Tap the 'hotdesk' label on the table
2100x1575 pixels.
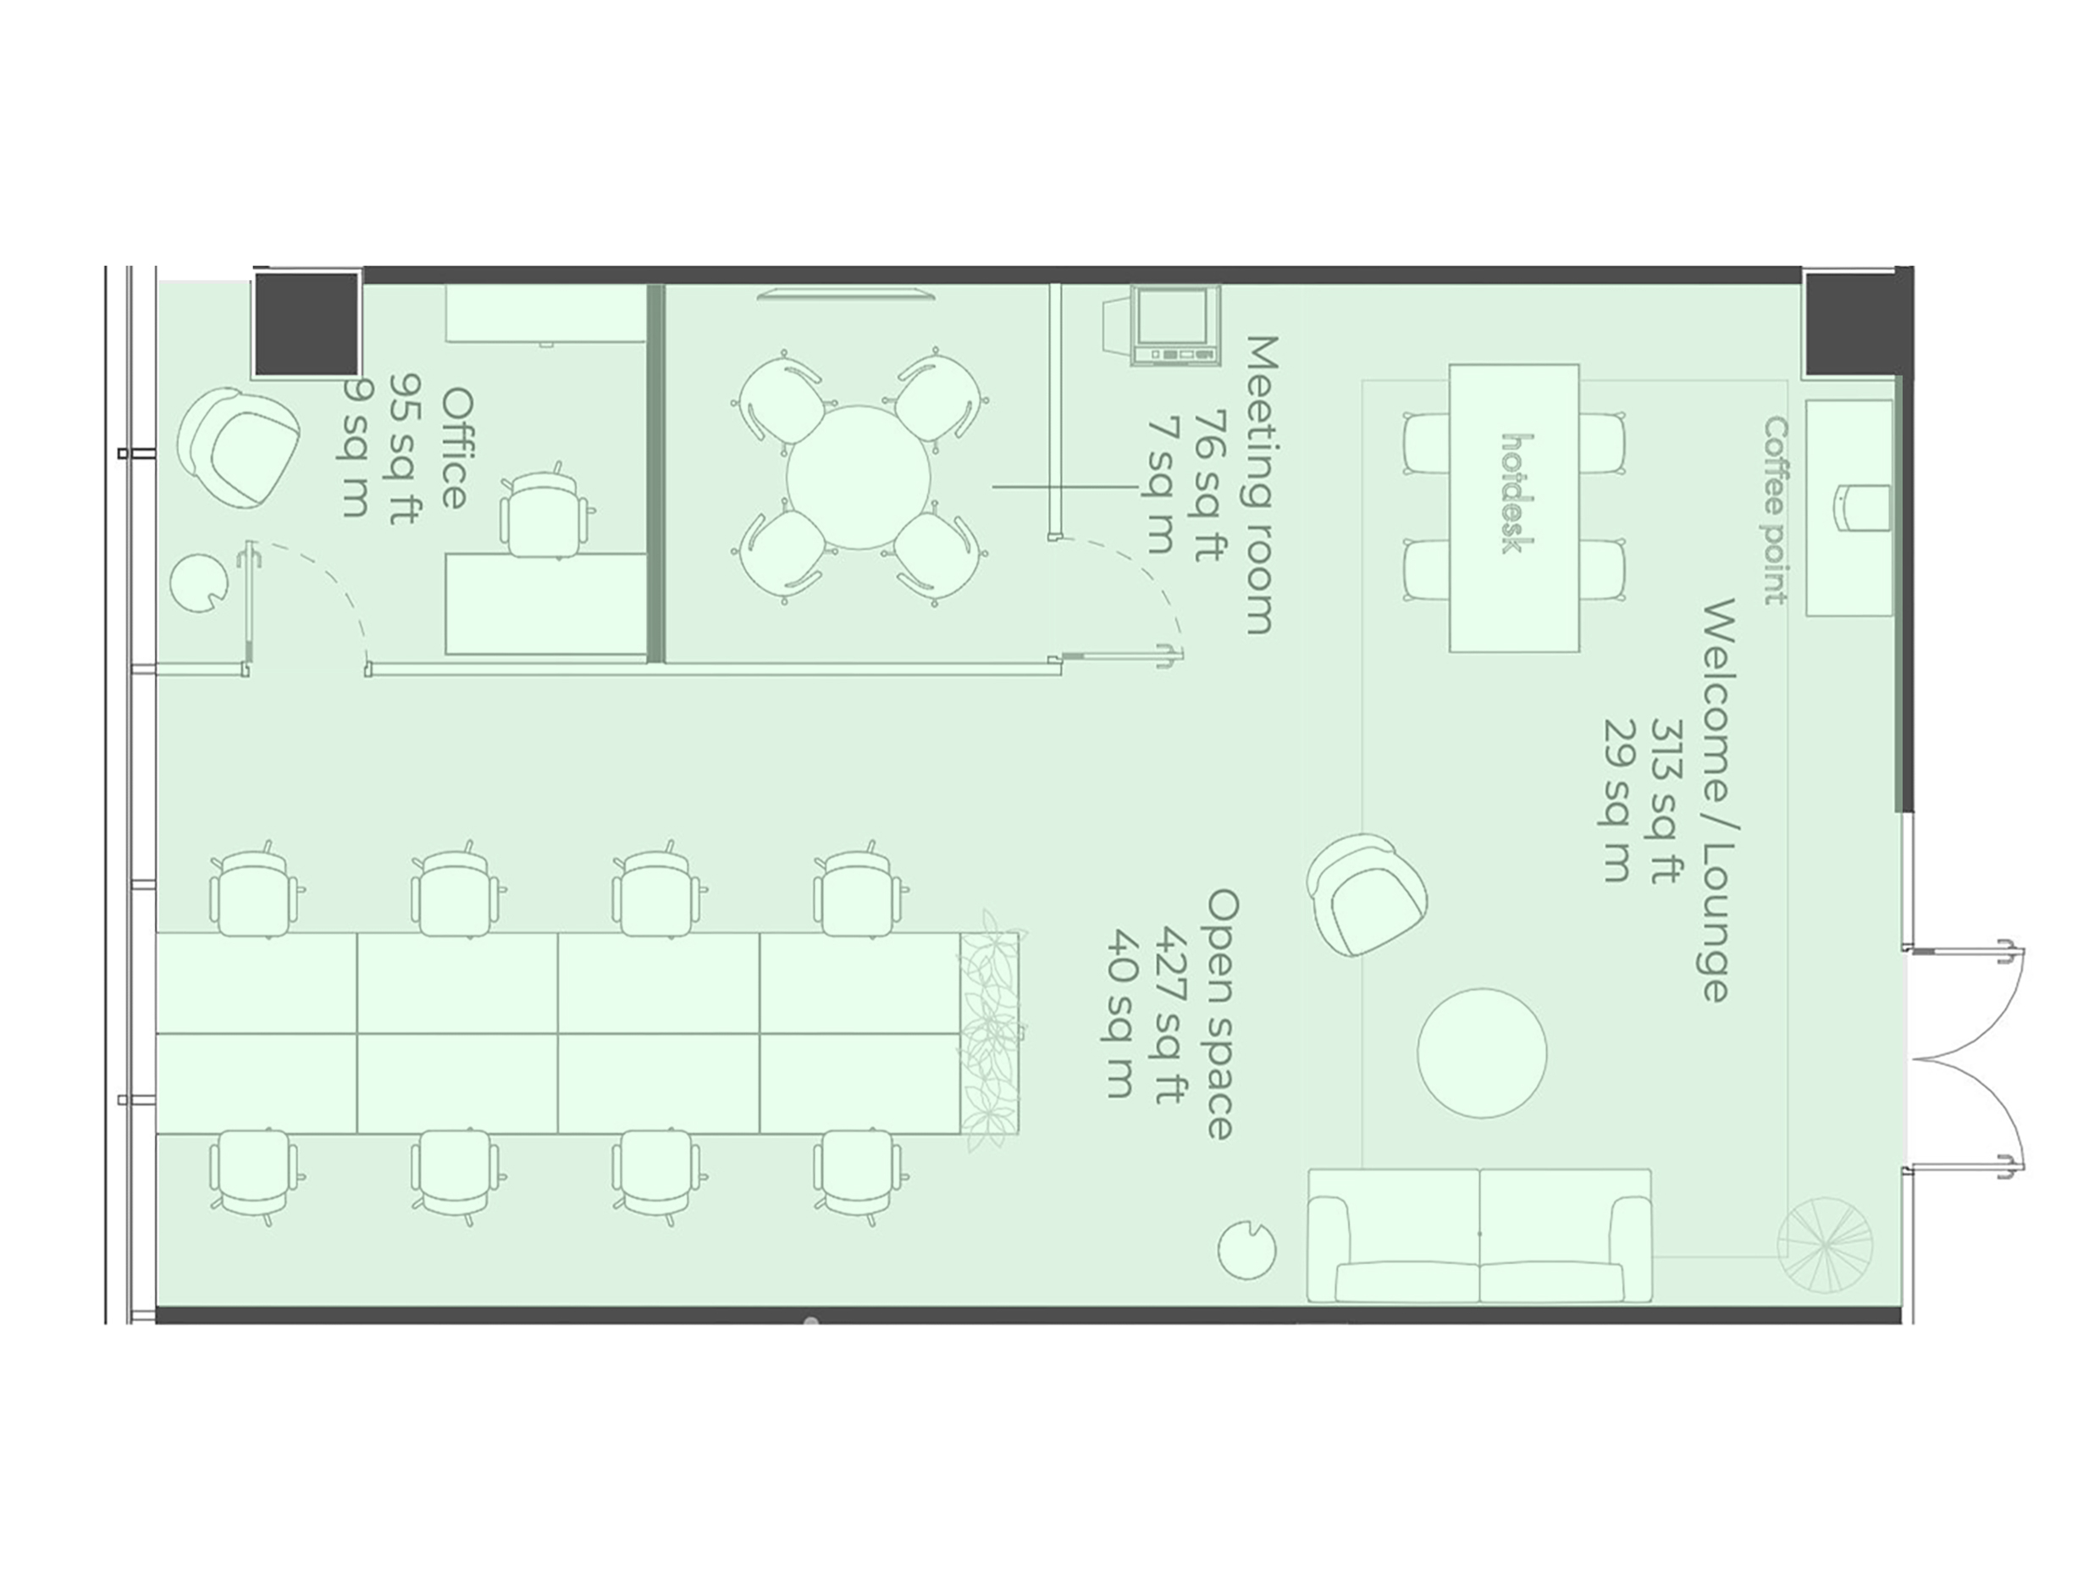click(1518, 493)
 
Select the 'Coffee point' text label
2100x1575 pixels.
click(1776, 510)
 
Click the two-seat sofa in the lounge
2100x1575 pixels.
click(1479, 1235)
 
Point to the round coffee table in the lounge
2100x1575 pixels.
click(1481, 1052)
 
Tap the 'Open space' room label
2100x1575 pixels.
click(1221, 1014)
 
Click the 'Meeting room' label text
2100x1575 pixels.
click(1259, 484)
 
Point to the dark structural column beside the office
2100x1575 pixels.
click(307, 323)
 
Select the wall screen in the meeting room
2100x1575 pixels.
click(845, 293)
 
